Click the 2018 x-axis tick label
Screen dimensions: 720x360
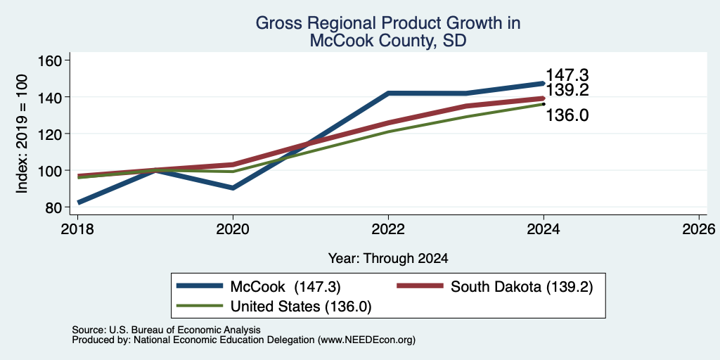(77, 229)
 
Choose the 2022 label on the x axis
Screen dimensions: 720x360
(388, 229)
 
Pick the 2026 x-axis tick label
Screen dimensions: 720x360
(700, 229)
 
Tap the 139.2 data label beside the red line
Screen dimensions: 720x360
(567, 90)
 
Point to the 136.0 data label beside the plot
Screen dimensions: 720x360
(567, 115)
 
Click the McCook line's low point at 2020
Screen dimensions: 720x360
(233, 188)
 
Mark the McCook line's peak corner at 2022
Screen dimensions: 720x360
(388, 94)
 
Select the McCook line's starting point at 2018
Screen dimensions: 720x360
(78, 202)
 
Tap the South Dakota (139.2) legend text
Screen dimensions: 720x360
(522, 287)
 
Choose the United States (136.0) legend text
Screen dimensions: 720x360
(301, 307)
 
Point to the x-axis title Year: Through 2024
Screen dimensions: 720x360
(388, 259)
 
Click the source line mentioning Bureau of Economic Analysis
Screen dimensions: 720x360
(166, 330)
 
